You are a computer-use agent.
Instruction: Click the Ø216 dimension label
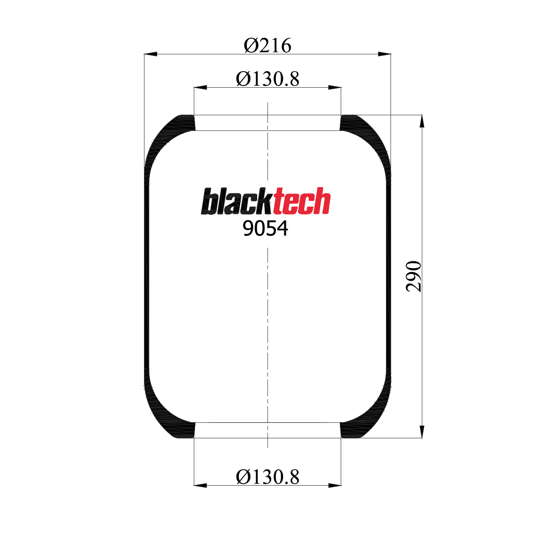click(x=267, y=45)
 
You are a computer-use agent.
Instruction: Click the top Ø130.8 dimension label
click(x=267, y=79)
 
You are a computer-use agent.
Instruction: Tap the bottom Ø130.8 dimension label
click(x=267, y=477)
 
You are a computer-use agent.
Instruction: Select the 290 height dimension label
click(x=414, y=276)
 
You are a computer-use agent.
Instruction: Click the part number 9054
click(x=265, y=228)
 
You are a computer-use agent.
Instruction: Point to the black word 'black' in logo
click(x=237, y=202)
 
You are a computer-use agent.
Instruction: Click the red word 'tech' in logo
click(x=302, y=202)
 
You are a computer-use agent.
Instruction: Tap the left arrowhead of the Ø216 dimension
click(x=151, y=54)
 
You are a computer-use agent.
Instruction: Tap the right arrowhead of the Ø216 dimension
click(x=384, y=54)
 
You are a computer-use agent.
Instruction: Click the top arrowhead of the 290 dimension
click(x=422, y=122)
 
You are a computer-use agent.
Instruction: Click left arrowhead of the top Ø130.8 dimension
click(x=200, y=87)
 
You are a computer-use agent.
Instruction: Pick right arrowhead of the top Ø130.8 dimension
click(x=335, y=87)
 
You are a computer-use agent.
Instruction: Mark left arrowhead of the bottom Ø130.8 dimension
click(x=200, y=486)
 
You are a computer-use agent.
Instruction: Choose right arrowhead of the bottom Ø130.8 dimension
click(x=335, y=486)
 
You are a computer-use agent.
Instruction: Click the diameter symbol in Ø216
click(x=251, y=45)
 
